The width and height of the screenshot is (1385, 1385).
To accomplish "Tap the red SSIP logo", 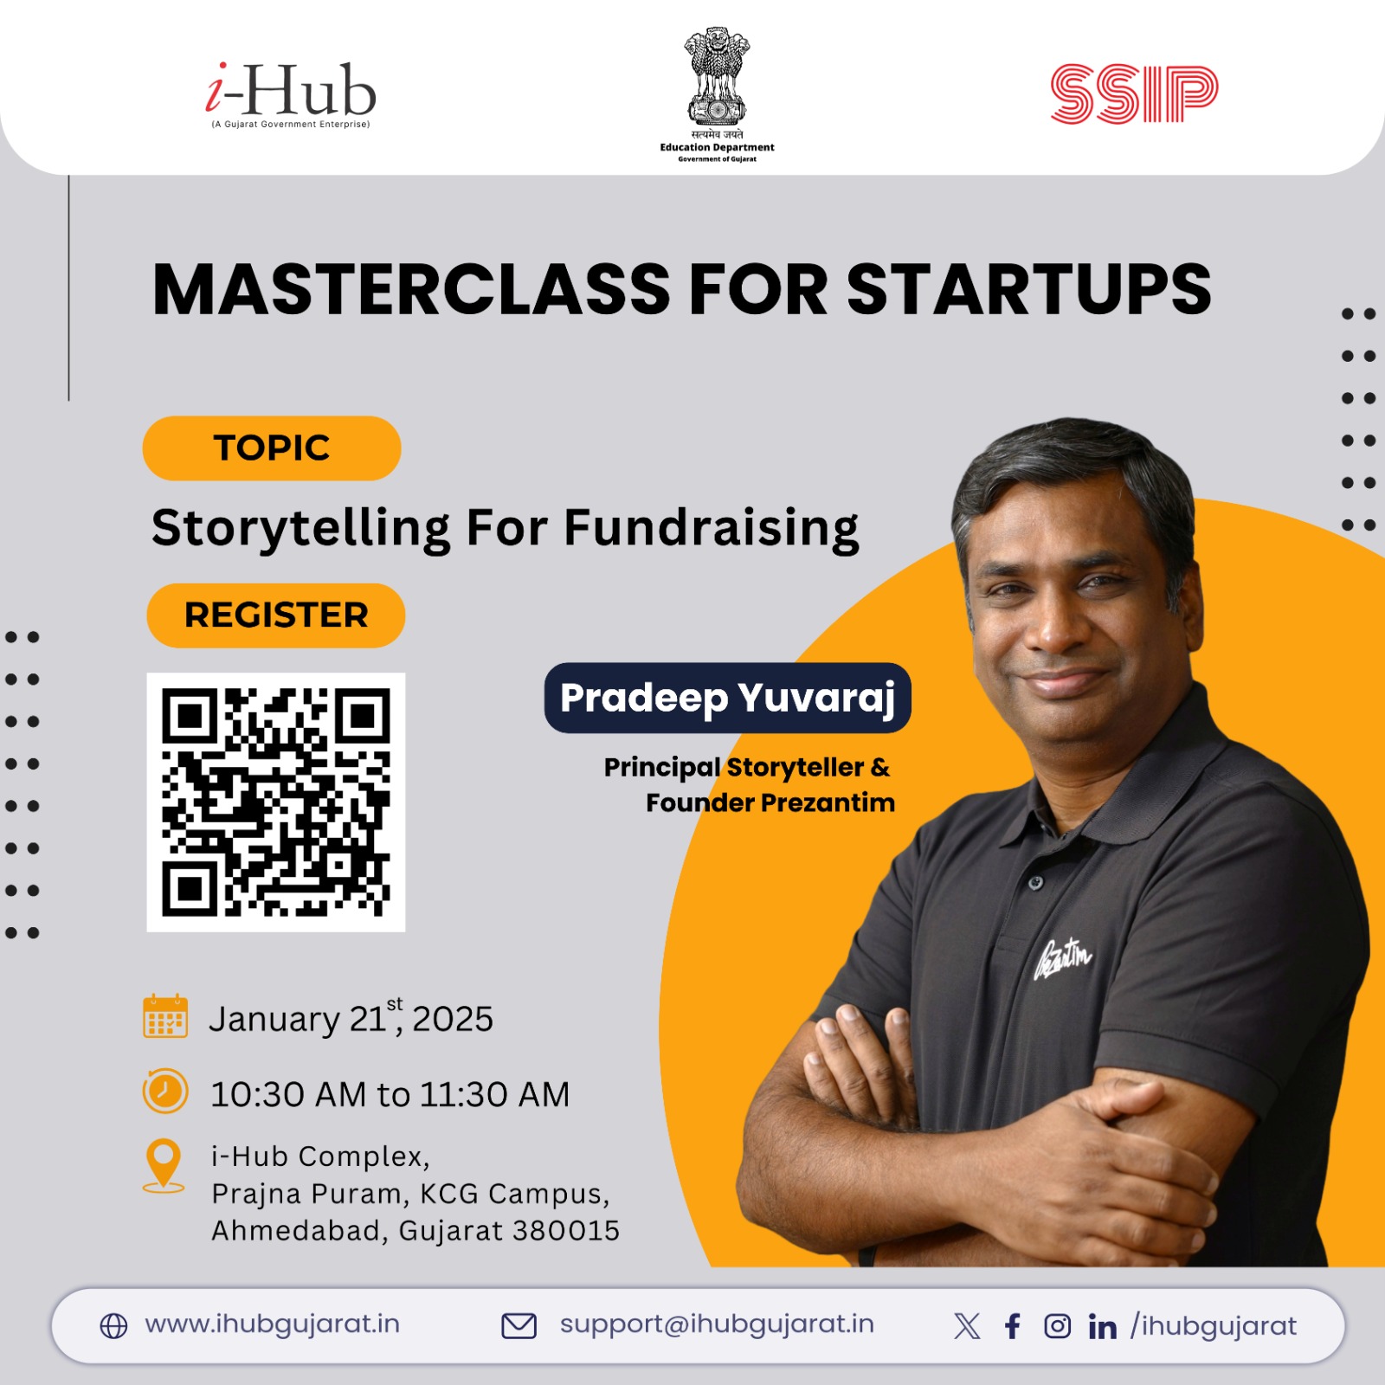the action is (x=1134, y=93).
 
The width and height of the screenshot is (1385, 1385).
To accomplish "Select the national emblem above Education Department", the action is (x=717, y=76).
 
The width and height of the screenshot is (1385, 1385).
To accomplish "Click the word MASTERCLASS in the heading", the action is (x=412, y=289).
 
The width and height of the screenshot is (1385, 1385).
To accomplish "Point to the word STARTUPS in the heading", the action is (x=1028, y=289).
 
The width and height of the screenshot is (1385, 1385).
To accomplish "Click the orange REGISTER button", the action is (x=276, y=615).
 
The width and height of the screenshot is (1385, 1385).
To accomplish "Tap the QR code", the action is (x=276, y=802).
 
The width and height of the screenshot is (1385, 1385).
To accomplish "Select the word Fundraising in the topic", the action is (x=712, y=529).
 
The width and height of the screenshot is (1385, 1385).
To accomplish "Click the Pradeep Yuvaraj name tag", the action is (x=727, y=698).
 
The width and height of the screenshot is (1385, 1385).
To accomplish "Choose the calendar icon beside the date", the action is (x=165, y=1016).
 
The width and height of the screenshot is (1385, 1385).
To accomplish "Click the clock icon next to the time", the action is (x=164, y=1091).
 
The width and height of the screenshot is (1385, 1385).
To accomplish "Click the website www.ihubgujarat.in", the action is (x=272, y=1324).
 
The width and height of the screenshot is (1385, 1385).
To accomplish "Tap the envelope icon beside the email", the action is (x=519, y=1326).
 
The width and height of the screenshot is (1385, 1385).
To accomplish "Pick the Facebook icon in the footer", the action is (x=1013, y=1326).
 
